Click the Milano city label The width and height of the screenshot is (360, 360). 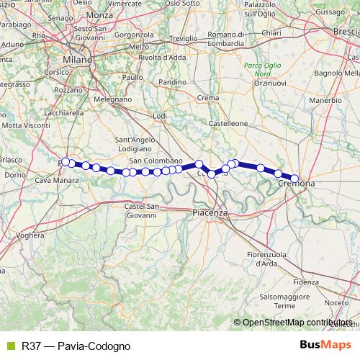click(78, 60)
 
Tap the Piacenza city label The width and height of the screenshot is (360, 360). click(210, 212)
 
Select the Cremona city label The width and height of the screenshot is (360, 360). click(296, 186)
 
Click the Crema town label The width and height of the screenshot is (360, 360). click(207, 97)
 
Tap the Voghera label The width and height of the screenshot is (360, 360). click(30, 235)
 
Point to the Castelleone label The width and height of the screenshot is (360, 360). click(228, 123)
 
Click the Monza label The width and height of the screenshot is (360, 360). click(100, 14)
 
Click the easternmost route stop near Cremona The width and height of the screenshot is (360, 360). click(294, 178)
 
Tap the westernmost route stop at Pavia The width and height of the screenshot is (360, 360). click(66, 161)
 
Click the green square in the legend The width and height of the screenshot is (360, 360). click(10, 346)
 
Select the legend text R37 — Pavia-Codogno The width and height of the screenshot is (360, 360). click(76, 346)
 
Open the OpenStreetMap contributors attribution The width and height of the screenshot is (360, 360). click(298, 323)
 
